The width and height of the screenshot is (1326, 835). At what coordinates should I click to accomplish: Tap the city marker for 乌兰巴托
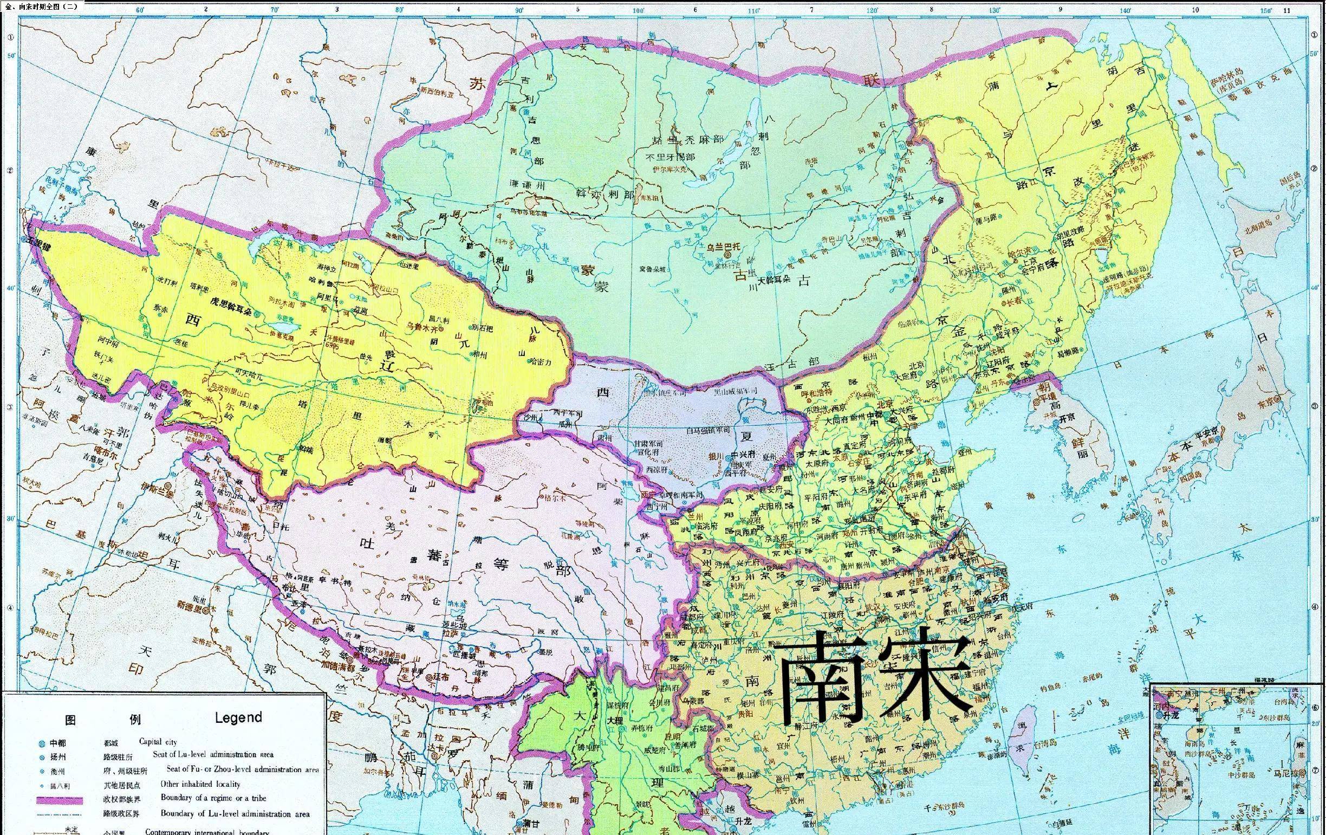[728, 255]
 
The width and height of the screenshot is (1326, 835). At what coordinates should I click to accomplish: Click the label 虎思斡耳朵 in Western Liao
[231, 302]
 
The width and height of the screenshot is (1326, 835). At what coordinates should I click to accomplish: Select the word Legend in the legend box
[238, 717]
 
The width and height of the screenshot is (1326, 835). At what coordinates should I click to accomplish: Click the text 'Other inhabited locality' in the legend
[200, 784]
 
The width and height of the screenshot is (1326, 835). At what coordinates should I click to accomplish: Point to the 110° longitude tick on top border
[753, 10]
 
